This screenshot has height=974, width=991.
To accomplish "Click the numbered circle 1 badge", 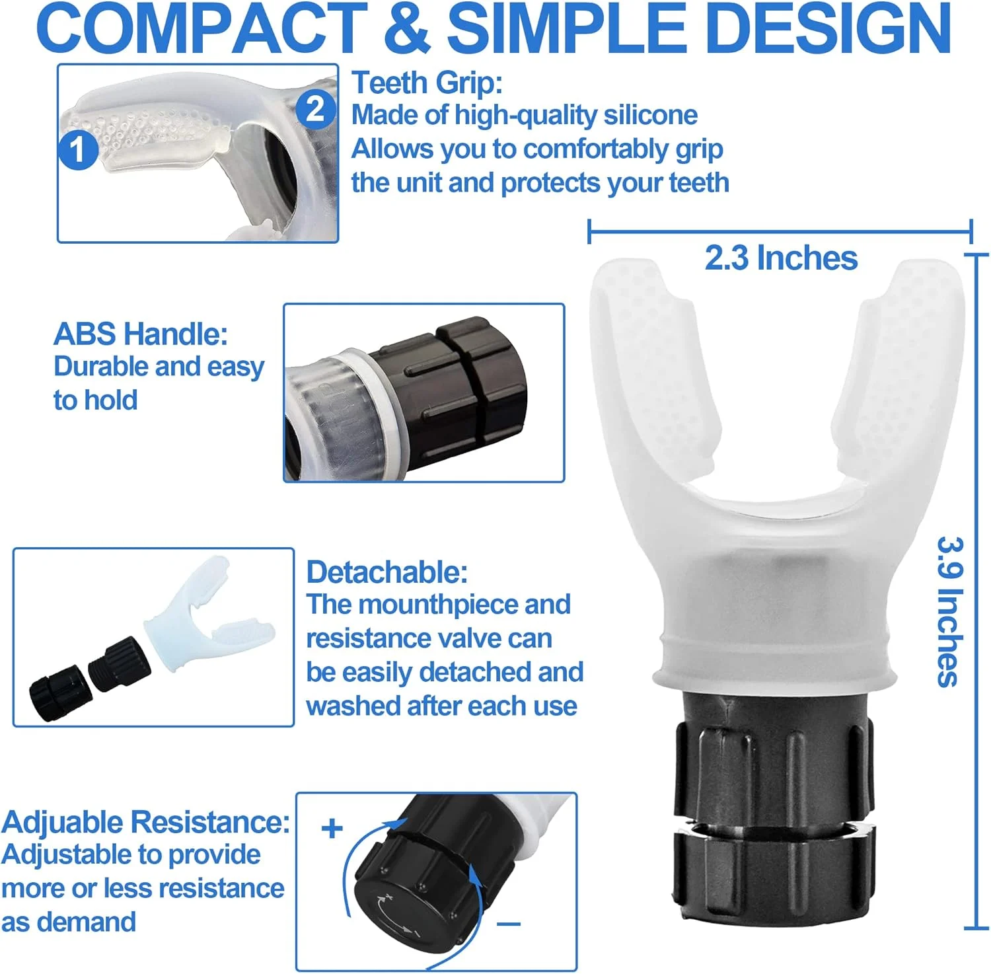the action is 78,149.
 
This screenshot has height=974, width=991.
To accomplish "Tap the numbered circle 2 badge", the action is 315,109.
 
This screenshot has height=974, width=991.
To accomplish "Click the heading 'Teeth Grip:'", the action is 427,83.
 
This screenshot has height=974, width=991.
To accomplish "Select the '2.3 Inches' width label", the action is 781,258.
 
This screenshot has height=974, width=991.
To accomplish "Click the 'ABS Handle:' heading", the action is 141,334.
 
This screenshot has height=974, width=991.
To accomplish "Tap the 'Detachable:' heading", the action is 387,572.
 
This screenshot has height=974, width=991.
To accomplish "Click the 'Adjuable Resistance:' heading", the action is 145,822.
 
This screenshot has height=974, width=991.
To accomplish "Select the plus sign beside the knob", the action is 332,829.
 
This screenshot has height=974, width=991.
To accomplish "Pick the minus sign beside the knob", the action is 509,924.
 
